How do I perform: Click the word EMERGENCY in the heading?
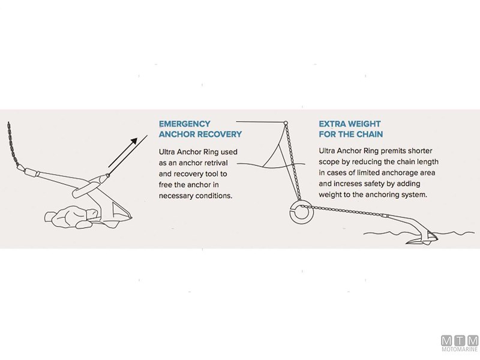click(x=184, y=124)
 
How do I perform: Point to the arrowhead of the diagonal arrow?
click(x=133, y=142)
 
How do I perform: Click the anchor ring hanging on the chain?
click(x=301, y=211)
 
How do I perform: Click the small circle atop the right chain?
click(x=286, y=123)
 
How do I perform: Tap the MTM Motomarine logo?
click(x=460, y=343)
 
